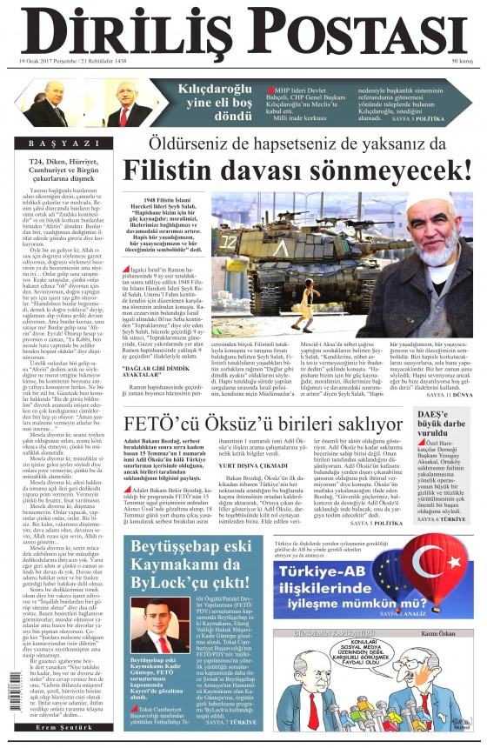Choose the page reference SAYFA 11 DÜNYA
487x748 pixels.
click(449, 395)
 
